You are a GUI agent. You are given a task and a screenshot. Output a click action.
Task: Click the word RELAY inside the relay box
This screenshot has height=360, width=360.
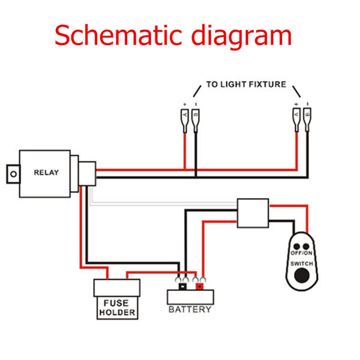[x=46, y=172]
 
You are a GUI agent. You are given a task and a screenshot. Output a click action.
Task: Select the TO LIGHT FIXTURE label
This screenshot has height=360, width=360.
[x=246, y=85]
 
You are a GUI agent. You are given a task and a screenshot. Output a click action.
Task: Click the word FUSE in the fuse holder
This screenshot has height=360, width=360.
[x=116, y=303]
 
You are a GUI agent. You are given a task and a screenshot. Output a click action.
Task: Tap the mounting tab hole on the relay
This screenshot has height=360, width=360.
[x=11, y=173]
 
